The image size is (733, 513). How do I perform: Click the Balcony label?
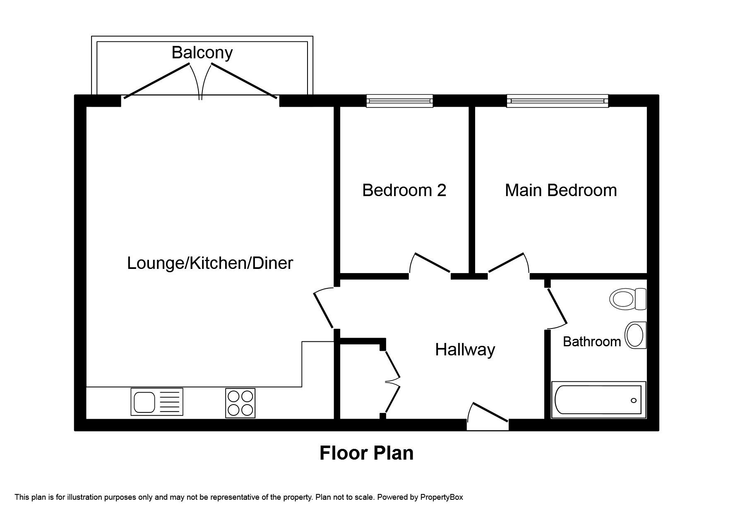point(202,53)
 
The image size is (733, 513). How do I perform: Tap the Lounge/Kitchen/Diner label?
point(210,263)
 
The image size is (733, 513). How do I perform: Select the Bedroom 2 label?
point(404,190)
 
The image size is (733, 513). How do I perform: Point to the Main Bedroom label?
point(561,190)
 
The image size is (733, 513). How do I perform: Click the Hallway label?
point(465,350)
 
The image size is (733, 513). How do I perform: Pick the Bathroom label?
point(592,342)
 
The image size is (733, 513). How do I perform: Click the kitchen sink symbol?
point(157,401)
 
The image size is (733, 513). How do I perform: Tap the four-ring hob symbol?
point(240,403)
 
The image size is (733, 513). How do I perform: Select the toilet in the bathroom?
point(628,299)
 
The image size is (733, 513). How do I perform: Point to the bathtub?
point(598,400)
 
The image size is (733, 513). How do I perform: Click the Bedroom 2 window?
point(400,101)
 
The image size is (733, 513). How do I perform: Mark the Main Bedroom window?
point(558,101)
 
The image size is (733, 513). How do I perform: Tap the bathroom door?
point(557,306)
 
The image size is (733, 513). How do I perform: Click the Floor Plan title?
point(366,453)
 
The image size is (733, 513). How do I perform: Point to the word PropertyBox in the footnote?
point(442,497)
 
